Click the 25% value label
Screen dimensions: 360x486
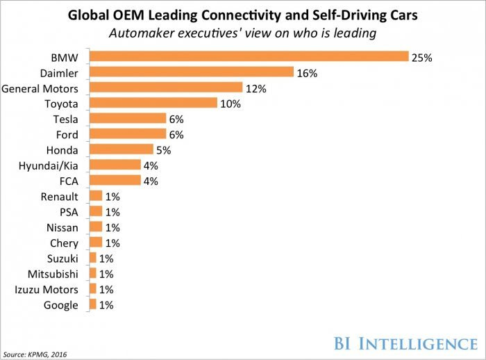tap(421, 58)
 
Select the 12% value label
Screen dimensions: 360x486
tap(256, 88)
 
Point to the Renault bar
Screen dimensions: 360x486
tap(96, 196)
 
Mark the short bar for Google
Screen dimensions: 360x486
tap(93, 304)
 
